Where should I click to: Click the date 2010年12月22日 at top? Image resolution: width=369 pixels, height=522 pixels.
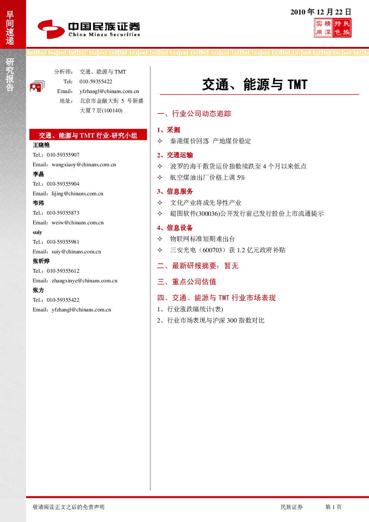click(321, 12)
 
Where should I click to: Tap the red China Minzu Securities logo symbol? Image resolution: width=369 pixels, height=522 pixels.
click(51, 29)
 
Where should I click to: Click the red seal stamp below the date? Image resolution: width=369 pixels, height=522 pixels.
click(333, 28)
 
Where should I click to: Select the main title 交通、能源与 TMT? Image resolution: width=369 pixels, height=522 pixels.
click(255, 84)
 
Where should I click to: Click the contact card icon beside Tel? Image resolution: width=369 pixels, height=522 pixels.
click(37, 86)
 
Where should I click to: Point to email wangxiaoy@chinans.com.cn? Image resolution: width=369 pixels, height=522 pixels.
click(84, 164)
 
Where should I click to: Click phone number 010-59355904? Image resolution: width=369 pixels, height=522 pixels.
click(63, 184)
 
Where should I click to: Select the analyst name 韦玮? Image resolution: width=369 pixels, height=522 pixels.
click(38, 203)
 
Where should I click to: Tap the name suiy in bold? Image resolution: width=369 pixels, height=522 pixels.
click(37, 232)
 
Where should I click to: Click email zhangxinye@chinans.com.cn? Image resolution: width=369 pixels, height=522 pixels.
click(84, 281)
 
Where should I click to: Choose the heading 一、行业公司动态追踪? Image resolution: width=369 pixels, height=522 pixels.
click(194, 113)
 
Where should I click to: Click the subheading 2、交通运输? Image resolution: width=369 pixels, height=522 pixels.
click(175, 155)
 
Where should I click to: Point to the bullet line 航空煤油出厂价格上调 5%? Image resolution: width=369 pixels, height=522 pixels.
click(207, 177)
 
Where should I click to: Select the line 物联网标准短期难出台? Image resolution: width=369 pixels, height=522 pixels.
click(202, 239)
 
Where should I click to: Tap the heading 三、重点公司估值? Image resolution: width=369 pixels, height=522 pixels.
click(187, 282)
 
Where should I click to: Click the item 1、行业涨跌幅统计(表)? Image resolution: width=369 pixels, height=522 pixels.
click(190, 309)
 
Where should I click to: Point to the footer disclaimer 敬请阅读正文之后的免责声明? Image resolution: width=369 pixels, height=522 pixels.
click(68, 507)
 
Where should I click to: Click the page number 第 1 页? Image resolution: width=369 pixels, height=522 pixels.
click(333, 507)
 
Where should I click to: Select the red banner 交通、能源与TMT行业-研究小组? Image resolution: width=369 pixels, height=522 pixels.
click(88, 135)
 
